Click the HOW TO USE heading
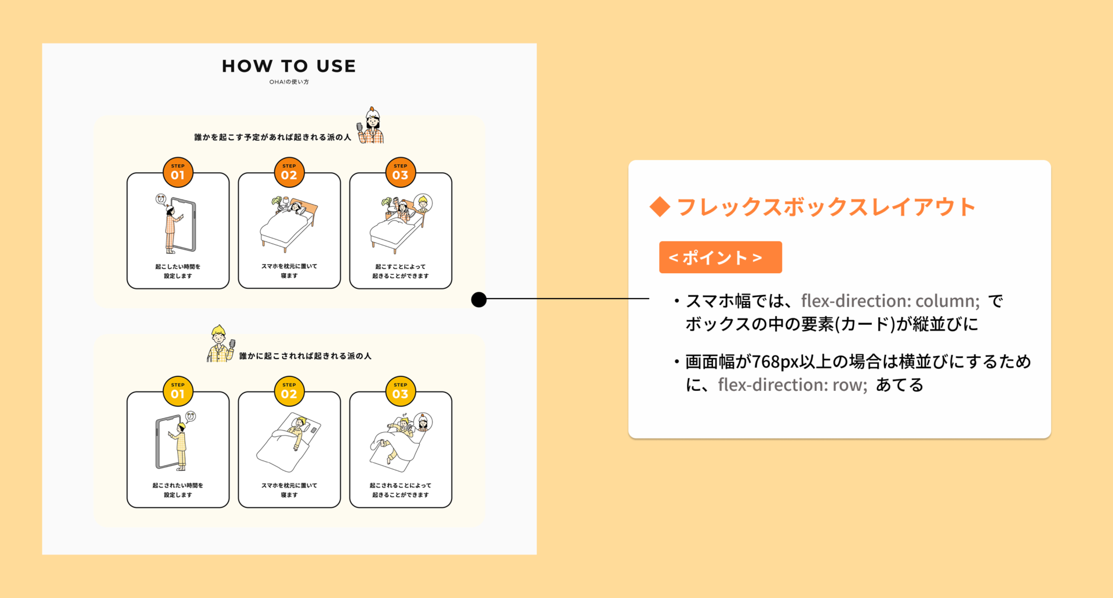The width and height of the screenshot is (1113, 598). coord(289,66)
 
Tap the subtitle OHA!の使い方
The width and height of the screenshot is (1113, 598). coord(289,82)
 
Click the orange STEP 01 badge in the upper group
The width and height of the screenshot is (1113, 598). coord(178,172)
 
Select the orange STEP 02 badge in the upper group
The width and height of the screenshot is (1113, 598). coord(289,172)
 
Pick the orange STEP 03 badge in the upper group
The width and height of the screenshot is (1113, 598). coord(401,172)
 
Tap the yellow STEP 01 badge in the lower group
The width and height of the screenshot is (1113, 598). coord(178,391)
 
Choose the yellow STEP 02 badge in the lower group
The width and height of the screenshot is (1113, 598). coord(289,391)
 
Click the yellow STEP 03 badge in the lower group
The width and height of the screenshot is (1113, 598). coord(401,391)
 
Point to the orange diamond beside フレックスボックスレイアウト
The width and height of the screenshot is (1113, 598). coord(660,207)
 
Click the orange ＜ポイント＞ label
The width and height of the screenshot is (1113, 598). coord(720,258)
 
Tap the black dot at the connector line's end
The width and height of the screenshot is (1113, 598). coord(479,299)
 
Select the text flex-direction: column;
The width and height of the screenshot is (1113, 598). coord(890,301)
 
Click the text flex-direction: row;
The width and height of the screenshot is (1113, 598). coord(792,385)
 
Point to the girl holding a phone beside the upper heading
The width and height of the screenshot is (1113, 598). coord(371,126)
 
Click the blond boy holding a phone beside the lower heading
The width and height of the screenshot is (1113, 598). coord(220,344)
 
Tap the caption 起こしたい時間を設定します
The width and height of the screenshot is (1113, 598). coord(178,271)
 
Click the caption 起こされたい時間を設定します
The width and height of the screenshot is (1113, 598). coord(178,490)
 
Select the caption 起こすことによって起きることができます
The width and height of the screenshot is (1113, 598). coord(401,271)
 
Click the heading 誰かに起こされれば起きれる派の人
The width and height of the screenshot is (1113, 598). coord(305,356)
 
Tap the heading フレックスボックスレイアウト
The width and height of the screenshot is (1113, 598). coord(826,207)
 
